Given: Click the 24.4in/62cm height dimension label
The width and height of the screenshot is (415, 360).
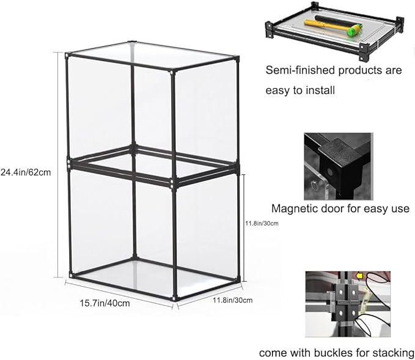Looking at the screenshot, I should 26,172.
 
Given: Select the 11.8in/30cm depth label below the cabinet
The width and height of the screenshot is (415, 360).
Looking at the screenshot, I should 233,300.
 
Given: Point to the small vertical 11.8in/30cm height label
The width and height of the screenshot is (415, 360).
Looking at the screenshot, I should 262,223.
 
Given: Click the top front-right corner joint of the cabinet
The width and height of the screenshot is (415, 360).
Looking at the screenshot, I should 173,72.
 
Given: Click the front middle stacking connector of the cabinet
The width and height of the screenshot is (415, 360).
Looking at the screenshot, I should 174,182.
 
